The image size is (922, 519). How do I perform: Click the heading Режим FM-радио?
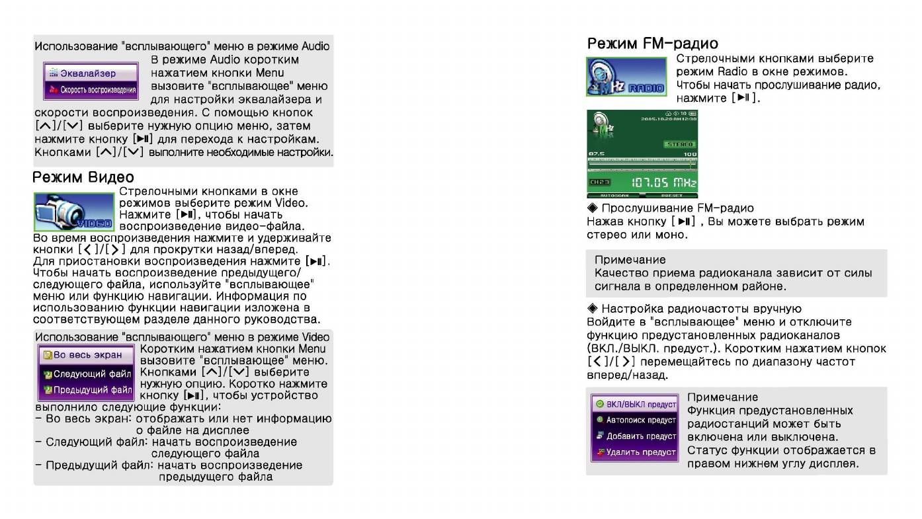click(652, 44)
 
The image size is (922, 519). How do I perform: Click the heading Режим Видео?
click(83, 177)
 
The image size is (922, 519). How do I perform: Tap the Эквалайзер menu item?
click(91, 73)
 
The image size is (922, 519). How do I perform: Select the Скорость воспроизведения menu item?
click(91, 90)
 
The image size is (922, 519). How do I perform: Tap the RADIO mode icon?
click(626, 77)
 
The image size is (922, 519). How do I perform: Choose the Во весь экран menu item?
click(87, 355)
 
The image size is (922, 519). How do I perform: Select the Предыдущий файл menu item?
click(87, 389)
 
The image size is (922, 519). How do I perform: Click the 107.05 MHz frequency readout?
click(663, 182)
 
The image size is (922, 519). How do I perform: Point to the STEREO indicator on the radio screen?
click(679, 144)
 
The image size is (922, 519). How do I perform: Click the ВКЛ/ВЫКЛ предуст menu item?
click(635, 404)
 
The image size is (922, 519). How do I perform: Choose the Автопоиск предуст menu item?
click(635, 420)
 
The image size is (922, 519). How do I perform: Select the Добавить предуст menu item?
click(635, 436)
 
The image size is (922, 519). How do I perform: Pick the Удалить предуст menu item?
click(635, 452)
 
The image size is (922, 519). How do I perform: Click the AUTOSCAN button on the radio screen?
click(614, 196)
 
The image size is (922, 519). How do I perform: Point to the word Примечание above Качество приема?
click(630, 260)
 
